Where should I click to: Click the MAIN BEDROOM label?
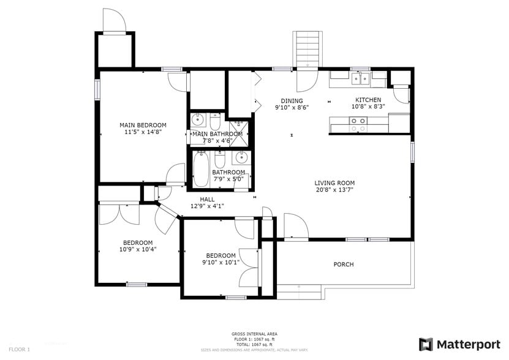pos(142,125)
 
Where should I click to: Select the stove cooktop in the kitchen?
pos(358,125)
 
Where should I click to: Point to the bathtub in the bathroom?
pos(201,170)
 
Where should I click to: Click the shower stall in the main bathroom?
pos(241,130)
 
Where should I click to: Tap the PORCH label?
pos(343,264)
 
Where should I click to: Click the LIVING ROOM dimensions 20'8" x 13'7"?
pos(334,190)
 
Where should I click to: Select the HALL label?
pos(207,199)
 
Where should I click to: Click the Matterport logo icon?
pos(426,344)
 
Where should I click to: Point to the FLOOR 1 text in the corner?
pos(19,349)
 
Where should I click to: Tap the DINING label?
pos(292,100)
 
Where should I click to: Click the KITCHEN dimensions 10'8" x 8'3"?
pos(368,107)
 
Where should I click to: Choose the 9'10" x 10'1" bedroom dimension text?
pos(221,263)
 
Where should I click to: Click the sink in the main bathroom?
pos(197,119)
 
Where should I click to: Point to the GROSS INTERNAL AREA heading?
pos(254,334)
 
